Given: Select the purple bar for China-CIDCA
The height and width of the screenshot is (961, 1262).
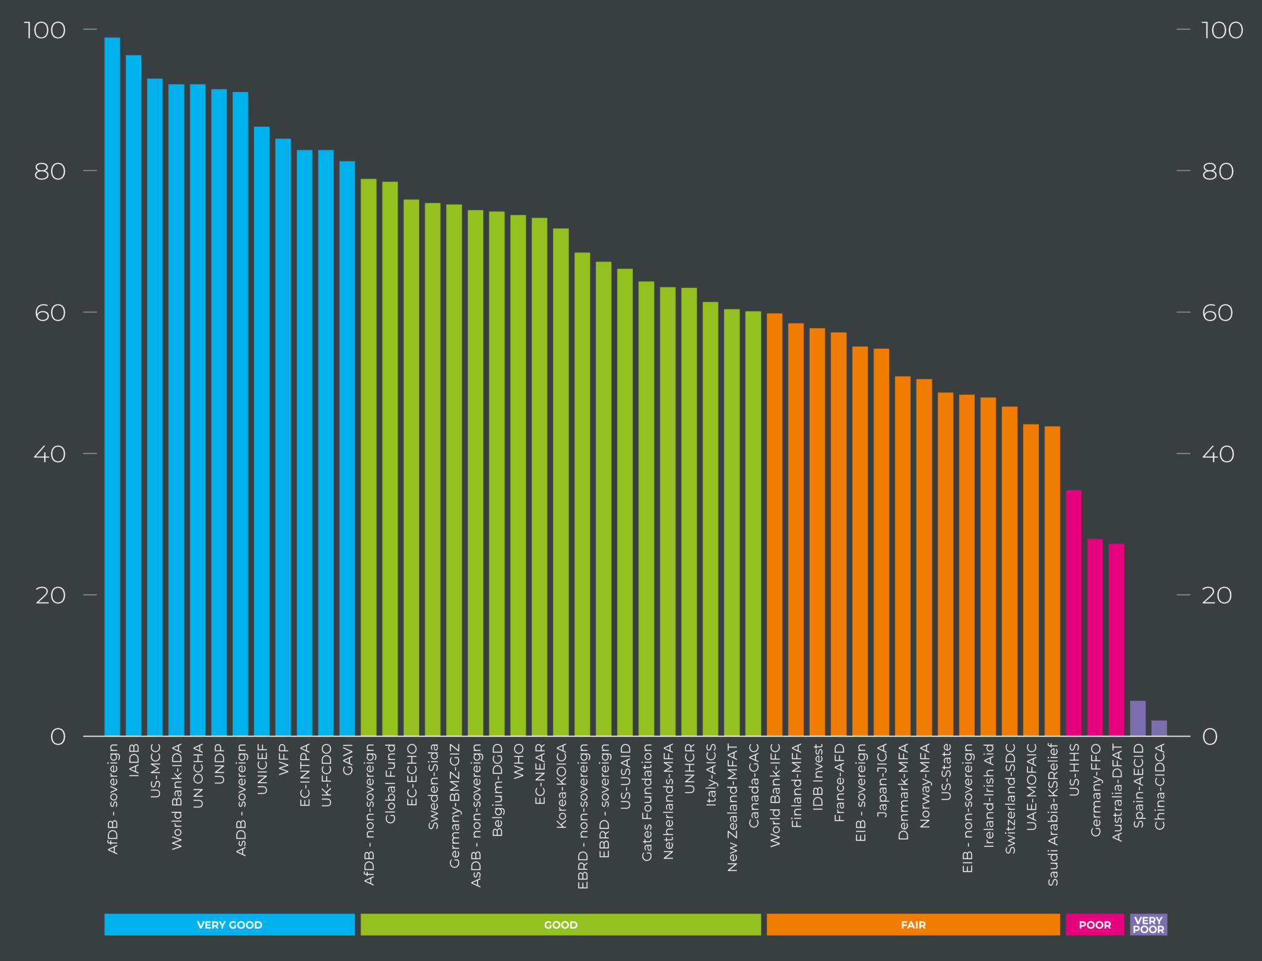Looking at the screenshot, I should pyautogui.click(x=1159, y=728).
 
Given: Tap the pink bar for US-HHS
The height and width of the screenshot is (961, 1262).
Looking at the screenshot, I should pyautogui.click(x=1073, y=613).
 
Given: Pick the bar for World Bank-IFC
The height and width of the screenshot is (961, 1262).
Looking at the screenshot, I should pyautogui.click(x=775, y=525).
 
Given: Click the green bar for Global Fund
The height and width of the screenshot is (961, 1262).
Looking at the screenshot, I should pyautogui.click(x=390, y=459).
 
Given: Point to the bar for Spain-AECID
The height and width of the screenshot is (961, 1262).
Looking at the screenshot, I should pyautogui.click(x=1138, y=718).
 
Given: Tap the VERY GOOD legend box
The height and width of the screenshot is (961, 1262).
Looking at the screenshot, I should pyautogui.click(x=229, y=925).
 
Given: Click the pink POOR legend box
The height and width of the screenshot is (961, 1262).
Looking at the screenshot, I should pyautogui.click(x=1094, y=925).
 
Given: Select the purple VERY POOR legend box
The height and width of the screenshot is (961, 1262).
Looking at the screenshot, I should pyautogui.click(x=1148, y=925).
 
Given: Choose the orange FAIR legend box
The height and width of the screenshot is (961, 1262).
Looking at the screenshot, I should pyautogui.click(x=913, y=925).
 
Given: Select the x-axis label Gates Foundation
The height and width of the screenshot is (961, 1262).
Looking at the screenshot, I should pyautogui.click(x=647, y=802).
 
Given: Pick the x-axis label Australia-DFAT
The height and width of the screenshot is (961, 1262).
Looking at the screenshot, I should pyautogui.click(x=1117, y=792).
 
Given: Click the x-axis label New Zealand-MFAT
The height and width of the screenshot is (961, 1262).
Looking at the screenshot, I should pyautogui.click(x=732, y=808).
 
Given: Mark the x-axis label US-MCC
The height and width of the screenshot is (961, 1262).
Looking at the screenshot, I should pyautogui.click(x=155, y=771).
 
